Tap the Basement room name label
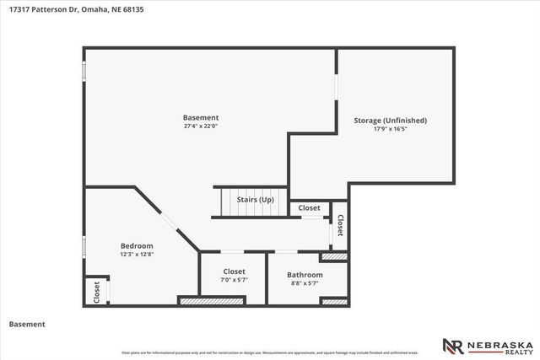pyautogui.click(x=201, y=117)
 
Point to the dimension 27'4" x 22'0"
pyautogui.click(x=201, y=126)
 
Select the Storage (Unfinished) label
pyautogui.click(x=390, y=121)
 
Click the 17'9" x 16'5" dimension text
pyautogui.click(x=390, y=130)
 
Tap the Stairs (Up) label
pyautogui.click(x=255, y=200)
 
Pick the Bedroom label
pyautogui.click(x=137, y=244)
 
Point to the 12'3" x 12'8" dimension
pyautogui.click(x=137, y=254)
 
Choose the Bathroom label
pyautogui.click(x=305, y=275)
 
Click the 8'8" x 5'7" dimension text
pyautogui.click(x=305, y=284)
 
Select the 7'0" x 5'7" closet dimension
pyautogui.click(x=235, y=280)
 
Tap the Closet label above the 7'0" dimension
pyautogui.click(x=235, y=271)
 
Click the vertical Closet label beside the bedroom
pyautogui.click(x=96, y=293)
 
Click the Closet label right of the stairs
pyautogui.click(x=309, y=207)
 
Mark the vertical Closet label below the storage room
pyautogui.click(x=340, y=225)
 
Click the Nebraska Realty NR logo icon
pyautogui.click(x=451, y=347)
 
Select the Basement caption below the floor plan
pyautogui.click(x=27, y=324)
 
